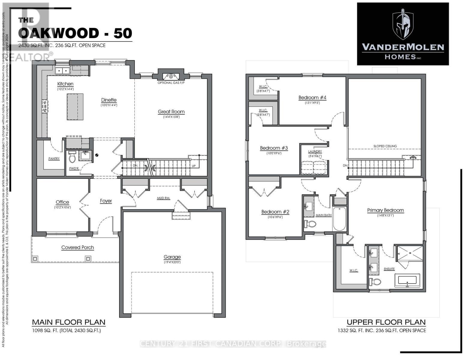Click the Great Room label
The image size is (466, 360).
pos(171,112)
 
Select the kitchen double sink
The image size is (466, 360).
pos(62,71)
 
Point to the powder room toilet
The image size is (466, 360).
pos(72,157)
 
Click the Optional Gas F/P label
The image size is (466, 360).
pos(171,83)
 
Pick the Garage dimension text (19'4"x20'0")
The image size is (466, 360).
pos(172,262)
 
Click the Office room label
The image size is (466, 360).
pos(62,202)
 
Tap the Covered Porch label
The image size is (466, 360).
pos(77,247)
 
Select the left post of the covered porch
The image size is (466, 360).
pos(35,258)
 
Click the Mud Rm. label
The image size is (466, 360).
pos(164,198)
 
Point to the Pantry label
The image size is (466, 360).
pos(54,158)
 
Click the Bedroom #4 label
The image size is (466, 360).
pos(312,97)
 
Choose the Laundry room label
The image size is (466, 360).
pos(315,151)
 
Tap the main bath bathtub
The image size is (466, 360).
pos(340,219)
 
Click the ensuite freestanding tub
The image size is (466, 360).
pos(407,281)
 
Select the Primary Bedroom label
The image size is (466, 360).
pos(385,210)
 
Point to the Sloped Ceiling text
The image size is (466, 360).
pos(385,146)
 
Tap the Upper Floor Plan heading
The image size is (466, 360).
pos(386,322)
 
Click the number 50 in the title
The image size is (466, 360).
pos(123,33)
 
